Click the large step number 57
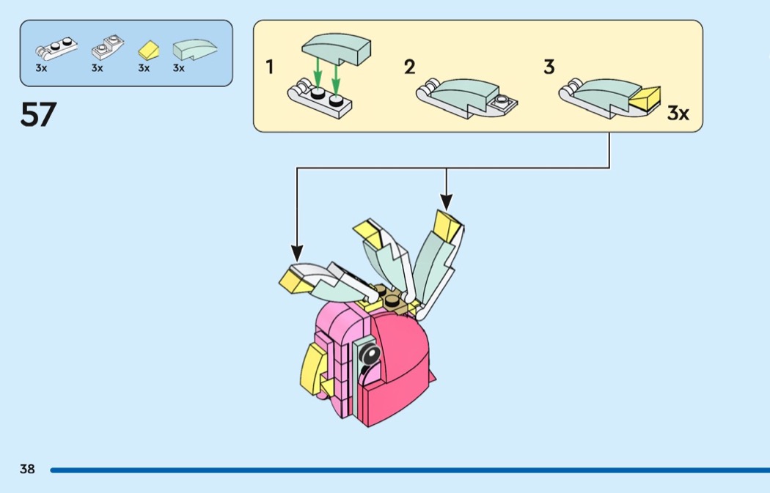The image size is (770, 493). tap(38, 114)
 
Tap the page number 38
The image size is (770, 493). tap(27, 469)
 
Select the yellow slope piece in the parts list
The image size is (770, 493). tap(149, 51)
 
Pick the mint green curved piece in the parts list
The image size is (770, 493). tap(194, 50)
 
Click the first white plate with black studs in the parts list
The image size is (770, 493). tap(56, 50)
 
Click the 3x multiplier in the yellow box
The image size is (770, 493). tap(678, 114)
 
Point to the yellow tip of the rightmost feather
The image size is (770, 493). tap(447, 223)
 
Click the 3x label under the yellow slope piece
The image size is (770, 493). tap(144, 68)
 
